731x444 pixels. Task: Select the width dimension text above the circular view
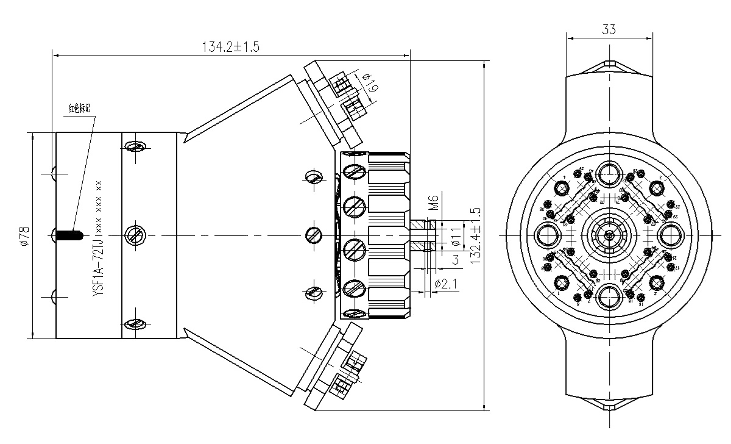[609, 29]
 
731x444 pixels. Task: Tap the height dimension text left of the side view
[22, 235]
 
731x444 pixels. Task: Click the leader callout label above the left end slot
[79, 110]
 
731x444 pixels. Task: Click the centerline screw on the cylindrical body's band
[134, 235]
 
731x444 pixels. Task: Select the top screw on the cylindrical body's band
[134, 148]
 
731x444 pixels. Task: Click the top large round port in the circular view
[608, 174]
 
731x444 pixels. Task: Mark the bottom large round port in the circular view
[608, 296]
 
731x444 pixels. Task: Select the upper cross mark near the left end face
[53, 174]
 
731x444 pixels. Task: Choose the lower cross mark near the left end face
[53, 296]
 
